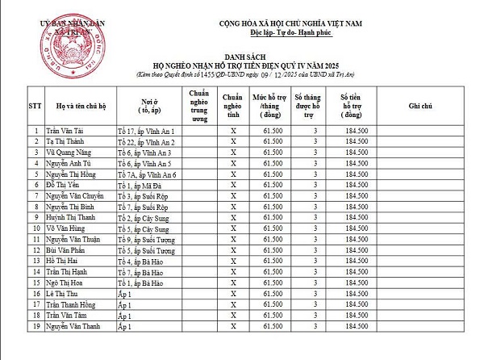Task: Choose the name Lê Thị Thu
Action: (x=63, y=295)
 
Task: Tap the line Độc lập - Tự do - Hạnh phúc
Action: (x=280, y=31)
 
